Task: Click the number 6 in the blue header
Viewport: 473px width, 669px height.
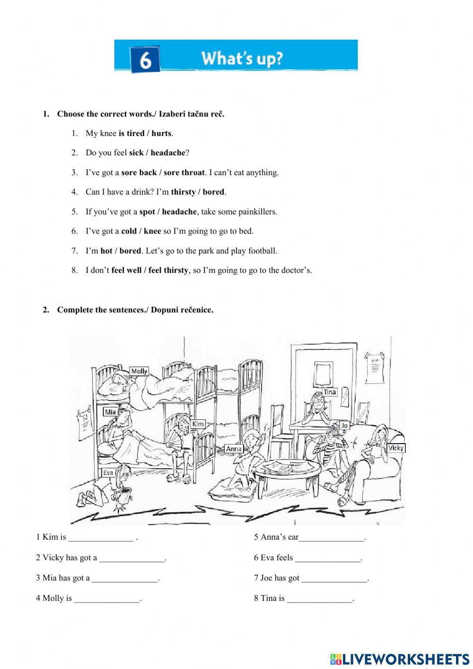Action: [145, 60]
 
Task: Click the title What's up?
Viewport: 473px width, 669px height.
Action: [242, 58]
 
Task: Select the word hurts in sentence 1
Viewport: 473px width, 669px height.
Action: [161, 134]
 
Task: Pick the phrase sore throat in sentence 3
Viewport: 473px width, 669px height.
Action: [184, 173]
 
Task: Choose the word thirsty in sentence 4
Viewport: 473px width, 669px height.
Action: [183, 192]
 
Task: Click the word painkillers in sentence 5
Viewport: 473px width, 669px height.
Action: [253, 212]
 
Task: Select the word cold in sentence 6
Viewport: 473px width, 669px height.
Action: [129, 232]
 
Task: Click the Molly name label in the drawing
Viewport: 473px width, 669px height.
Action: [139, 371]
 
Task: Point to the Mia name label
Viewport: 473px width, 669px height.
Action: [110, 412]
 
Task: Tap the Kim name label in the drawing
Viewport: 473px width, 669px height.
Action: [198, 424]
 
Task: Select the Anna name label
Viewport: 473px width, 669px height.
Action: [234, 449]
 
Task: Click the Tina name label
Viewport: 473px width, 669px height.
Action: [330, 392]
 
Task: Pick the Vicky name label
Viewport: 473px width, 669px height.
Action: [395, 448]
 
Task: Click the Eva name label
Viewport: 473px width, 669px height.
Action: [108, 473]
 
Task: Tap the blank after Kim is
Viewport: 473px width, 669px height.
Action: [101, 537]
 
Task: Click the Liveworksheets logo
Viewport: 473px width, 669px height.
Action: [400, 659]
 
